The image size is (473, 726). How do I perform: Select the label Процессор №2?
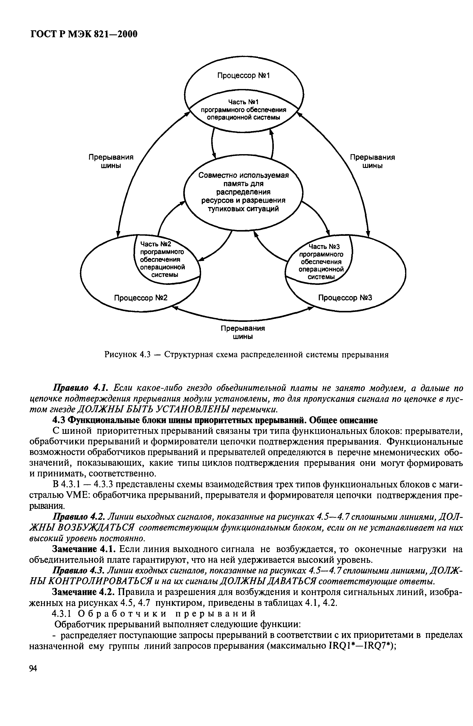141,297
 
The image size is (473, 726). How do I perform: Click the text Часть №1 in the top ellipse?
243,101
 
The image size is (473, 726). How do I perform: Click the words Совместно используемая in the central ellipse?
243,175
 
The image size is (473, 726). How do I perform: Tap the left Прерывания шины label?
111,161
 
